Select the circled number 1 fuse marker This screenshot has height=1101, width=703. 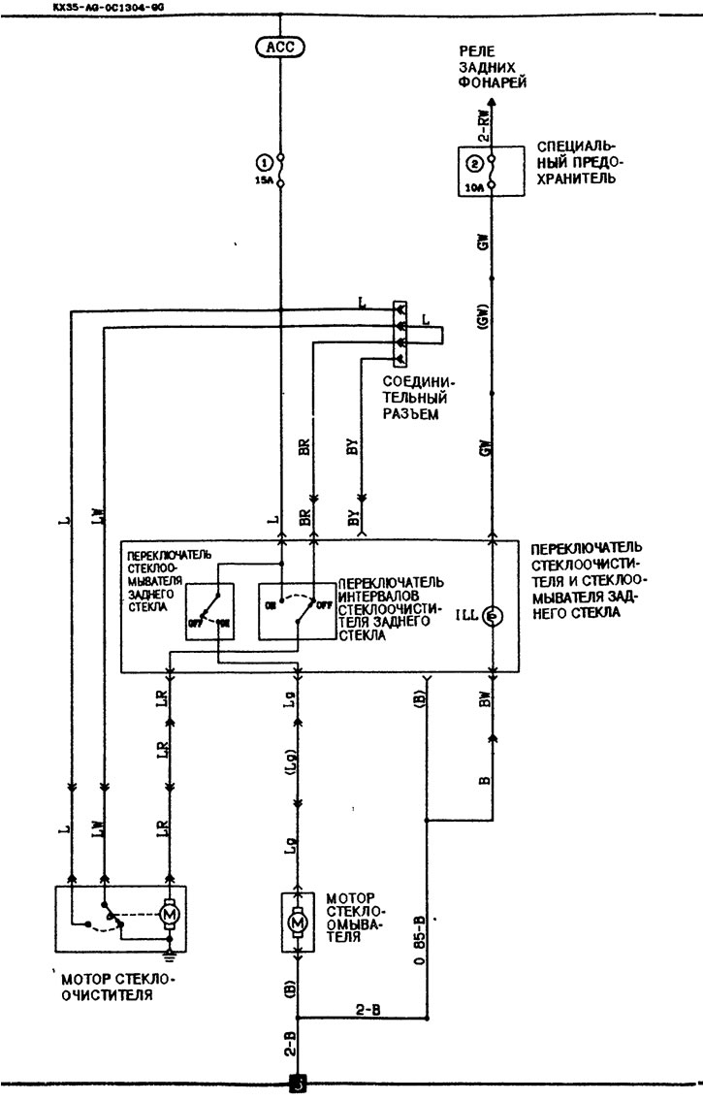point(262,162)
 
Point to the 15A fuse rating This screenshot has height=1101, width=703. point(262,181)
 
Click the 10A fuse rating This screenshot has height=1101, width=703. point(473,188)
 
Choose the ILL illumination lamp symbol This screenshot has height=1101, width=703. point(492,616)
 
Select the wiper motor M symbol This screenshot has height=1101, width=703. point(169,913)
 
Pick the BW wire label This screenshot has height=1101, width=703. point(484,698)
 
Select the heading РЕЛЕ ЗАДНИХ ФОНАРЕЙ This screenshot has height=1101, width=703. point(495,67)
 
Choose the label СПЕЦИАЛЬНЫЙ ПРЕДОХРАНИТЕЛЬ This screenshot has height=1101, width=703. point(576,164)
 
